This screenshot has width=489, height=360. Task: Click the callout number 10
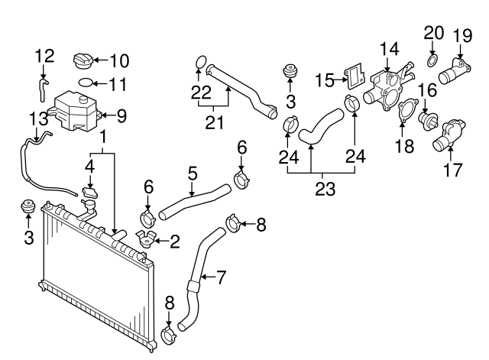tap(120, 60)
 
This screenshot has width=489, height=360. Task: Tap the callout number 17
tap(453, 170)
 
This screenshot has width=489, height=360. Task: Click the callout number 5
tap(193, 174)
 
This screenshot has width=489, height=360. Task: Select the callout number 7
tap(221, 278)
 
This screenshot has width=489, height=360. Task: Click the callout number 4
tap(89, 165)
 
